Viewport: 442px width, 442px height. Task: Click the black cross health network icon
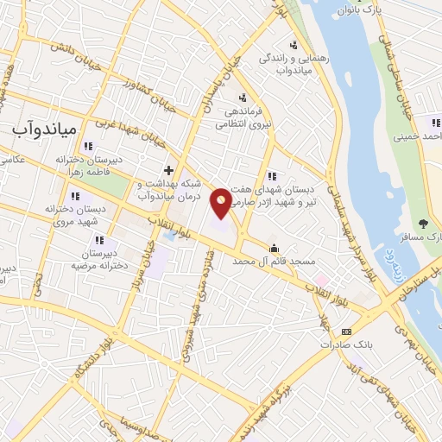(x=169, y=169)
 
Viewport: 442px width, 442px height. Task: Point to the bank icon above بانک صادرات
(x=347, y=331)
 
